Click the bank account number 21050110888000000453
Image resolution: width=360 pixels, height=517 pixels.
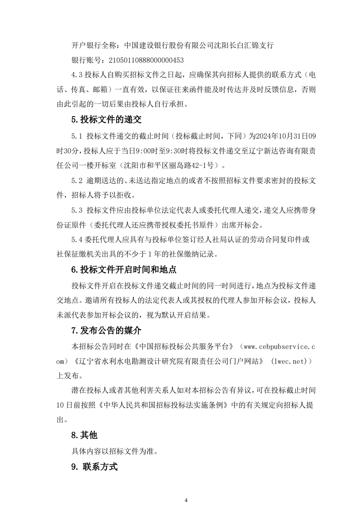tap(146, 60)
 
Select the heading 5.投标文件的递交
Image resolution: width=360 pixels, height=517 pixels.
tap(106, 120)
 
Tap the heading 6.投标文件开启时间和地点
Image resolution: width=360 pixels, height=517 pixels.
tap(124, 269)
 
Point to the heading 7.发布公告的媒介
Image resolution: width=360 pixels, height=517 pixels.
tap(106, 330)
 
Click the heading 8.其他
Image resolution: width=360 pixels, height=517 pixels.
tap(84, 435)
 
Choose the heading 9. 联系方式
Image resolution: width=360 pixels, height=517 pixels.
tap(94, 467)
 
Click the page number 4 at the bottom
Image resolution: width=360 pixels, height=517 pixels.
tap(186, 500)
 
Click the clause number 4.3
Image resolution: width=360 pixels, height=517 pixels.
tap(77, 75)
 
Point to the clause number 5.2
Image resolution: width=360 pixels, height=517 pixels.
tap(77, 180)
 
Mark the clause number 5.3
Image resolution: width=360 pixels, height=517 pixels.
tap(77, 210)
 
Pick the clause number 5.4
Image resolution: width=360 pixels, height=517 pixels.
tap(77, 240)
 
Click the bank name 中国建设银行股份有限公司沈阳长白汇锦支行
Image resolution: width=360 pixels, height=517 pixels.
tap(199, 45)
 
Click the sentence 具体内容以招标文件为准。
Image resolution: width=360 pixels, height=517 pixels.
tap(114, 451)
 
